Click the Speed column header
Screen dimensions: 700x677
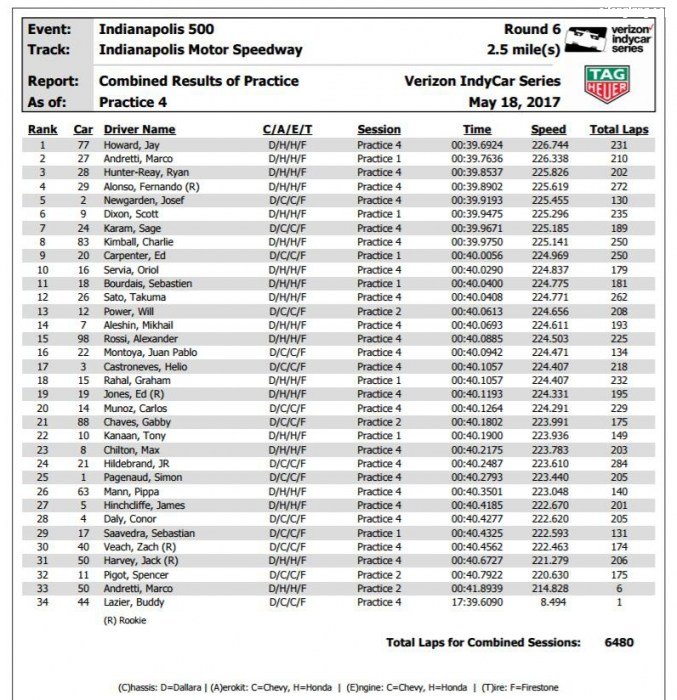[x=548, y=130]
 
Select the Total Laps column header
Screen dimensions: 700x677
[x=619, y=130]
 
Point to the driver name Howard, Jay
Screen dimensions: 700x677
[x=132, y=145]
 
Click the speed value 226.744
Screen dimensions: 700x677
[x=549, y=145]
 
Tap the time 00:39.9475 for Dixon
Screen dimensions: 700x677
[x=477, y=214]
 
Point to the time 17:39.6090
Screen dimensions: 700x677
[x=477, y=602]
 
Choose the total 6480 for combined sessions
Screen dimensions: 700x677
[x=618, y=642]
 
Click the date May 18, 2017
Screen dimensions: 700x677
[x=514, y=102]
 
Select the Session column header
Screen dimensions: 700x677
[x=379, y=130]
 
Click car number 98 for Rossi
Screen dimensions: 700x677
[x=83, y=339]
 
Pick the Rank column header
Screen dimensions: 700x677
[x=42, y=130]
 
